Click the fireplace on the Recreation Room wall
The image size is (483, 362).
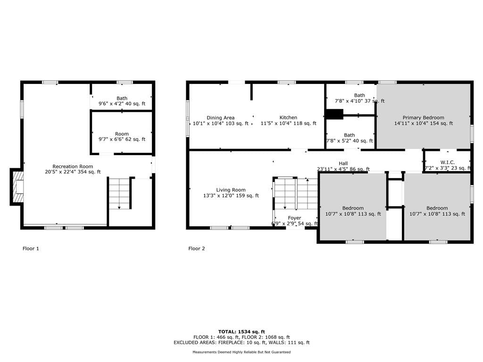pos(17,187)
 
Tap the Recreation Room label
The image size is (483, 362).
pos(73,169)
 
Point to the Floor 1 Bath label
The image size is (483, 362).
pos(122,101)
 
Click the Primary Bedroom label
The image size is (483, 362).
pos(423,120)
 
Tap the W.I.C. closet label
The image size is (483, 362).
pos(448,165)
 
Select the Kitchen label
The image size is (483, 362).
pos(288,120)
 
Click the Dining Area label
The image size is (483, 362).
pos(221,120)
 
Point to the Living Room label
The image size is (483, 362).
pos(231,193)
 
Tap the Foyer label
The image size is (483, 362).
pos(294,221)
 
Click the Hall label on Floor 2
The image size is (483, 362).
pos(343,166)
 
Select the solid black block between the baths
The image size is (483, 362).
pos(334,114)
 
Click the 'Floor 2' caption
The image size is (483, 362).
pos(197,248)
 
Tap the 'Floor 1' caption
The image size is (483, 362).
pos(31,248)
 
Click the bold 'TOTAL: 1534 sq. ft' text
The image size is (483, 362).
pos(241,331)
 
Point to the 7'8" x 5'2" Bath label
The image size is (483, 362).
pos(350,138)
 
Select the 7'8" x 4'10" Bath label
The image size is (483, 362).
pos(359,98)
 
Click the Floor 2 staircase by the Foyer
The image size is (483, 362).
pos(296,194)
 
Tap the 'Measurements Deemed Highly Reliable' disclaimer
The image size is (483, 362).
pos(241,352)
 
